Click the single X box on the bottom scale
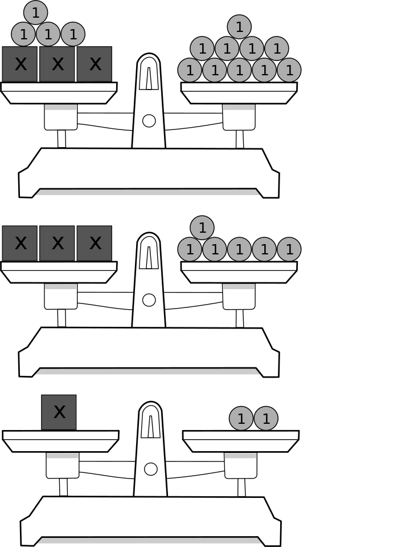[59, 412]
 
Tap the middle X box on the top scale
[58, 64]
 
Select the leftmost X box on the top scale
[20, 64]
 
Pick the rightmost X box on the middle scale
[95, 243]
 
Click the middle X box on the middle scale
[58, 243]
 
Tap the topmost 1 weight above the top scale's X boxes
[36, 13]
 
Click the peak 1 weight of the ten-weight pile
[239, 27]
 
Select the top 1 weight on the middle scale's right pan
[202, 228]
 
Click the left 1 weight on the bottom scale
[241, 419]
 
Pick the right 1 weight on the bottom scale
[266, 419]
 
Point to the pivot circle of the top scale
[149, 121]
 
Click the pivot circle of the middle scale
[149, 300]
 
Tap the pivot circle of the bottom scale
[150, 469]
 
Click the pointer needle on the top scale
[149, 78]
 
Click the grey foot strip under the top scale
[147, 193]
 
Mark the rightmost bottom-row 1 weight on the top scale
[289, 70]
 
